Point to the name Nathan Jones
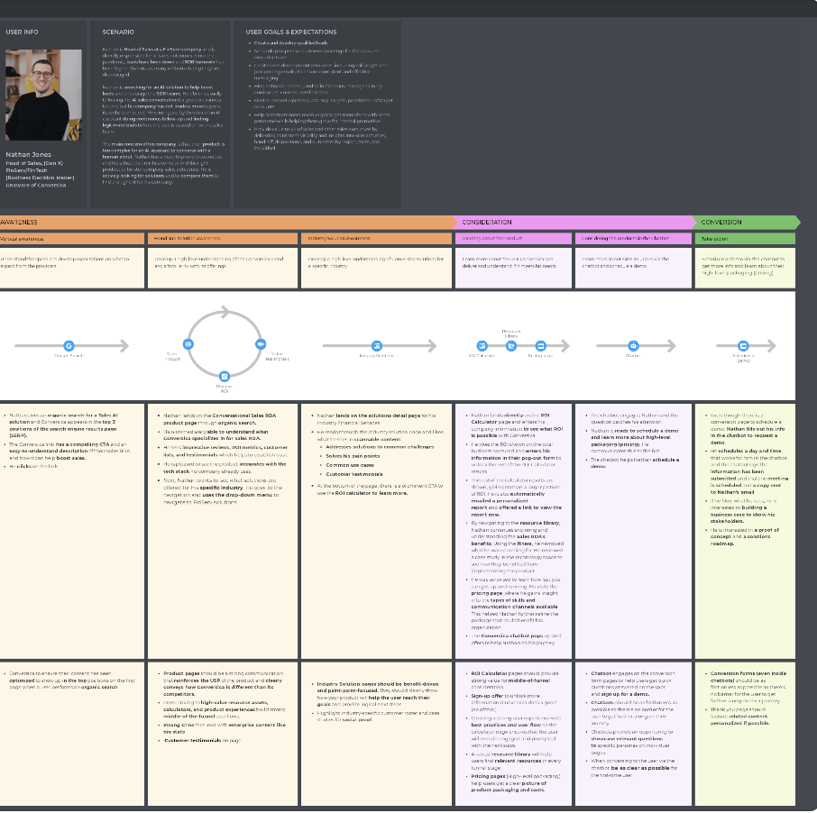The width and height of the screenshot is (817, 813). tap(29, 155)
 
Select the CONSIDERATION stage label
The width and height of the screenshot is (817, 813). tap(487, 222)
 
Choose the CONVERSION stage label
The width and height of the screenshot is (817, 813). tap(721, 222)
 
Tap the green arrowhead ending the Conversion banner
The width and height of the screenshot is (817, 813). tap(794, 222)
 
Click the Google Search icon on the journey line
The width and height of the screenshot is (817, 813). tap(69, 345)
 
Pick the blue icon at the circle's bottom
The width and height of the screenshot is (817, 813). tap(225, 376)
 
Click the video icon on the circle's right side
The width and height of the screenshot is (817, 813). tap(260, 344)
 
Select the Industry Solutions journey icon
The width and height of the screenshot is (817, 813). tap(377, 345)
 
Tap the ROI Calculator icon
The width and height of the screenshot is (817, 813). tap(482, 345)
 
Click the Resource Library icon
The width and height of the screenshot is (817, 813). tap(511, 345)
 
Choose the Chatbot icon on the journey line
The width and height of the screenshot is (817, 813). tap(633, 345)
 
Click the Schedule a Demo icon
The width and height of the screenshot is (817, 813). tap(743, 345)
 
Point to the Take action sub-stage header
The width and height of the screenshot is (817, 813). tap(715, 239)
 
